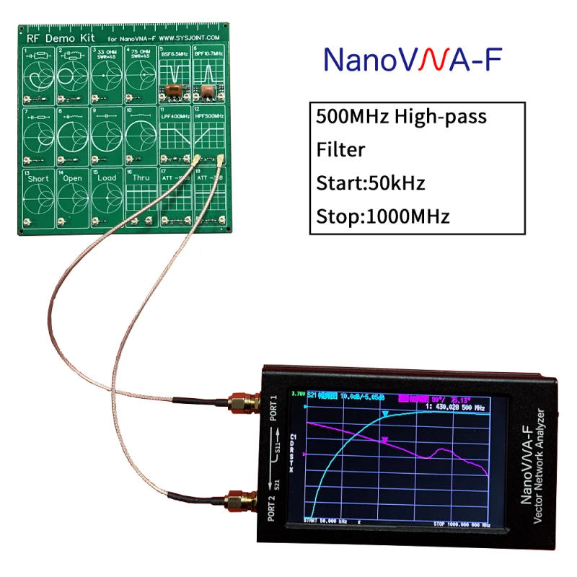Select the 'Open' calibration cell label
click(73, 178)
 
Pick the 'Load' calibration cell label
click(107, 178)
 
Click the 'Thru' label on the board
click(141, 178)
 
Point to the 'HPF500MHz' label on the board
click(209, 116)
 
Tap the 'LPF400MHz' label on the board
click(175, 116)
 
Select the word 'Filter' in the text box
click(340, 149)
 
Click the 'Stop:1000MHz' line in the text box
click(383, 216)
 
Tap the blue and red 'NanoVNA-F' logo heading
click(412, 60)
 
